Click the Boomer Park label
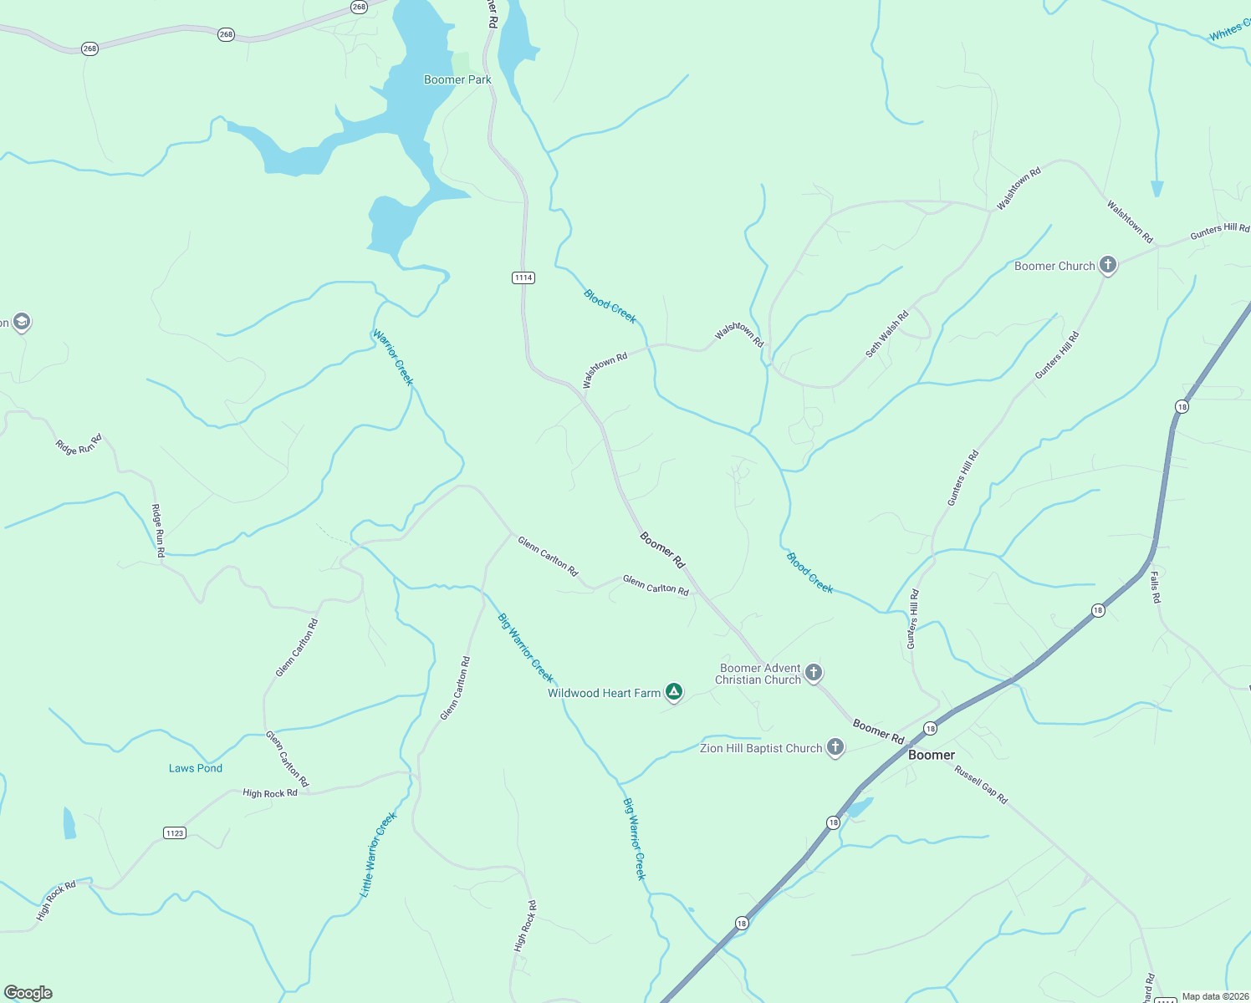(x=457, y=80)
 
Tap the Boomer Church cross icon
(x=1108, y=266)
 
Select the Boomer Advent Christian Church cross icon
(x=813, y=673)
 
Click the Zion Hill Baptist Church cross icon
(x=835, y=748)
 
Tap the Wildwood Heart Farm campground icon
(x=674, y=692)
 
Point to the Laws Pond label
(x=196, y=768)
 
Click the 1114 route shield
(x=523, y=277)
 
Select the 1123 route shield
(x=175, y=832)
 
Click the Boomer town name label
(x=932, y=755)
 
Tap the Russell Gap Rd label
(x=982, y=786)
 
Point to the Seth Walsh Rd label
(x=887, y=334)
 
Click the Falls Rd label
(x=1155, y=587)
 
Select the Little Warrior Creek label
(x=378, y=854)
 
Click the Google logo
(x=28, y=993)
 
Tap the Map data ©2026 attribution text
(x=1214, y=996)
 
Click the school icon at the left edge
(x=21, y=322)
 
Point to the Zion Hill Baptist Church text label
(x=761, y=749)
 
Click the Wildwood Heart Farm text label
(x=604, y=693)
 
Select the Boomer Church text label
(x=1054, y=267)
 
